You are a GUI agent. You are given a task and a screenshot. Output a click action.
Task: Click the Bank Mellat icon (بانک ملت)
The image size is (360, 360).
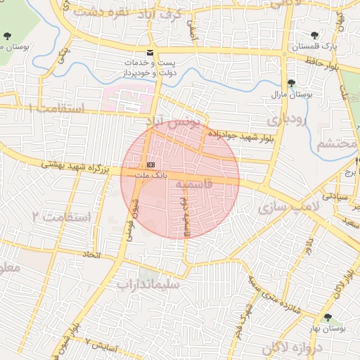click(149, 165)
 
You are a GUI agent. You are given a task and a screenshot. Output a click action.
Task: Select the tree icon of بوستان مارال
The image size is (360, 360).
click(290, 83)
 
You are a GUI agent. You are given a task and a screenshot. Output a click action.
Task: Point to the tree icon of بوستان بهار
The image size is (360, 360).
click(328, 318)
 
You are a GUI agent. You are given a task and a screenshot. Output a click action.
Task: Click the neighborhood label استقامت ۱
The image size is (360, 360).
click(56, 108)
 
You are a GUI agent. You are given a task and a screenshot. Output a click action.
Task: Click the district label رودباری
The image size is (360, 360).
click(285, 120)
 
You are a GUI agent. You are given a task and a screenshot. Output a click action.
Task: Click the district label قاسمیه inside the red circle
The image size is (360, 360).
click(191, 184)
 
